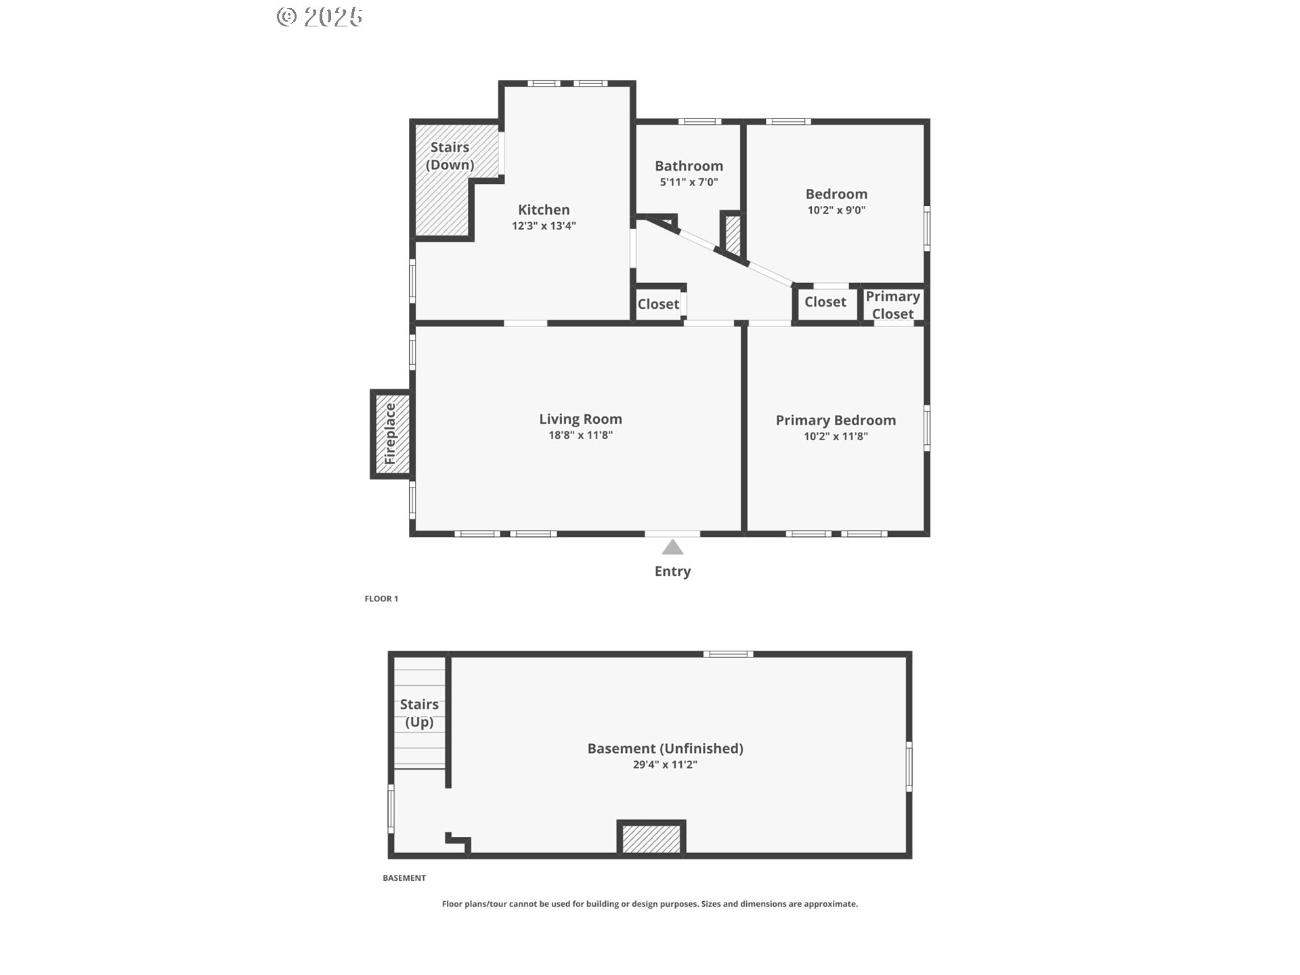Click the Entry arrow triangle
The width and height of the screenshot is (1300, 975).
tap(672, 547)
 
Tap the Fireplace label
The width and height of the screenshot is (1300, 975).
tap(390, 434)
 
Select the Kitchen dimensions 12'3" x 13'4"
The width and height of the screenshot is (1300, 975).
tap(544, 226)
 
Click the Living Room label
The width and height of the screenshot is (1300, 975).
tap(580, 419)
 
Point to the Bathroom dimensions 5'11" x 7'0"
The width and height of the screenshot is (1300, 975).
tap(689, 182)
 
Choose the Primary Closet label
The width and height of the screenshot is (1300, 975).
tap(892, 305)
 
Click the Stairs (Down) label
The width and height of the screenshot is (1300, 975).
tap(450, 156)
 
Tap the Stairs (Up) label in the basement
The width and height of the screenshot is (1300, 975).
tap(419, 713)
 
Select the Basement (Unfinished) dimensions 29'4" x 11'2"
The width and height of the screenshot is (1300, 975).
tap(665, 765)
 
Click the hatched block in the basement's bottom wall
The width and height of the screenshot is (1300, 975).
tap(651, 839)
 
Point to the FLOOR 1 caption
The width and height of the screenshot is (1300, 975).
tap(381, 599)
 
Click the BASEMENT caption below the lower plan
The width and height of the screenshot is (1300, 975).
tap(404, 878)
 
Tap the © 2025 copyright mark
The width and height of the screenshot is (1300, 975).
tap(320, 17)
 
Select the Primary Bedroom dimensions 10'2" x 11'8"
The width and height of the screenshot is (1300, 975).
tap(836, 437)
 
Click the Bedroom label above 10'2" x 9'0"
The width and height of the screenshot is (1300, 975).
tap(836, 194)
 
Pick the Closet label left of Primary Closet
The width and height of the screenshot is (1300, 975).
tap(825, 302)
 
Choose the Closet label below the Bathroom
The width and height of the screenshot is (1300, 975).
tap(658, 304)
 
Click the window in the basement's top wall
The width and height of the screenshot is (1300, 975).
tap(728, 654)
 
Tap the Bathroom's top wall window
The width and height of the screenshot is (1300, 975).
tap(700, 122)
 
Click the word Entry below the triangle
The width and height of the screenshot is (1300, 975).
tap(672, 571)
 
